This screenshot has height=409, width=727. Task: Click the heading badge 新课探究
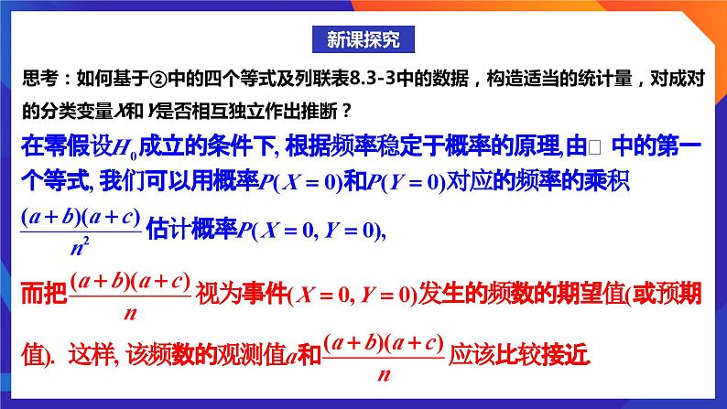(x=363, y=39)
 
